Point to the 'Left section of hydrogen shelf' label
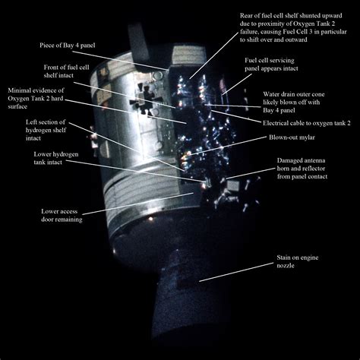(x=36, y=130)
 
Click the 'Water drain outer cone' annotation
(x=299, y=100)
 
